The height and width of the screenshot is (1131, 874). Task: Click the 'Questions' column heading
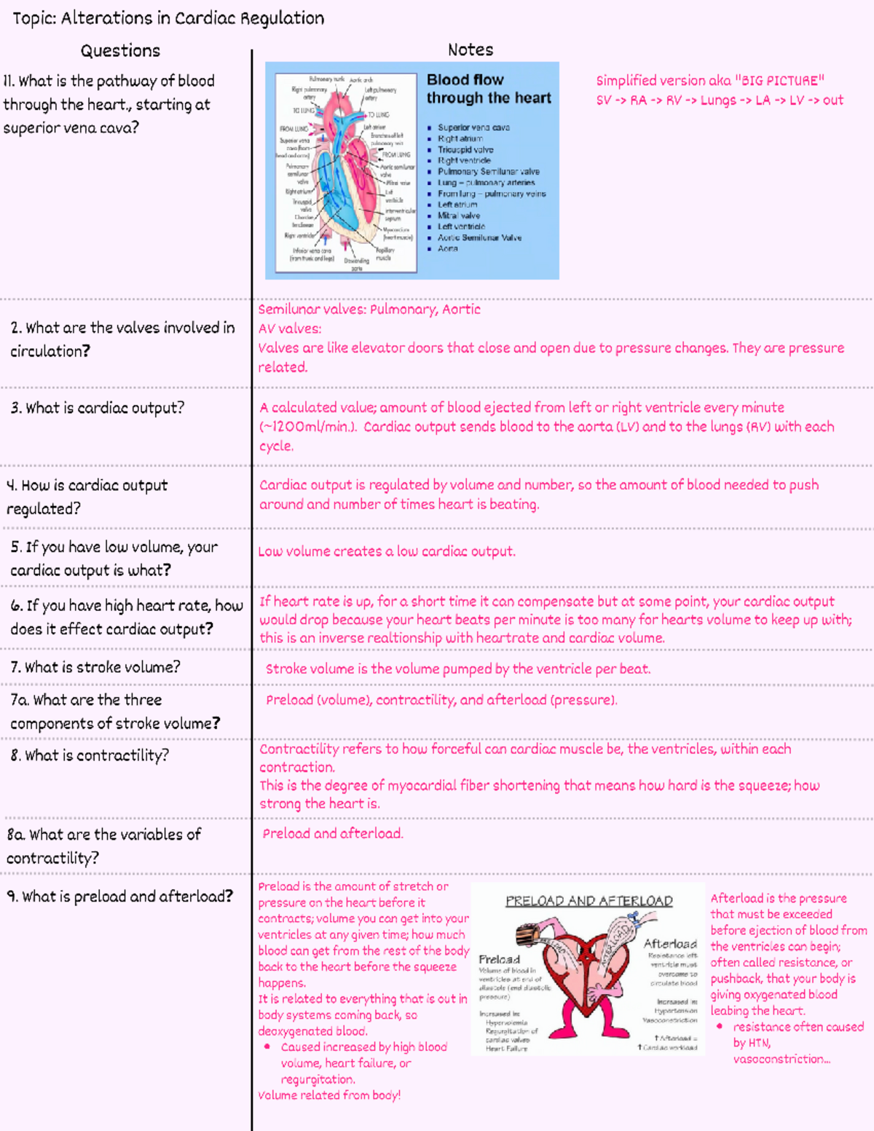[120, 51]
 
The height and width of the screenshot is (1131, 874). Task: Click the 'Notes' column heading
[471, 50]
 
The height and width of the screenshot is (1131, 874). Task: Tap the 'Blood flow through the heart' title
[489, 89]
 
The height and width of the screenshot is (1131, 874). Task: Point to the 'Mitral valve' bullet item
[458, 216]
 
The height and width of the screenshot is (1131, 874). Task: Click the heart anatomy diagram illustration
[342, 171]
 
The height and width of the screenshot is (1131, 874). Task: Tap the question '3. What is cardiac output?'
[98, 408]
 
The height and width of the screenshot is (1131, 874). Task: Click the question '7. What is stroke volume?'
[95, 667]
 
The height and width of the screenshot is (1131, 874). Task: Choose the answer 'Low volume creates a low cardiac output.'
[387, 551]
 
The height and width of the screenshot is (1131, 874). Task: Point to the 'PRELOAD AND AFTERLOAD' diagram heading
[589, 901]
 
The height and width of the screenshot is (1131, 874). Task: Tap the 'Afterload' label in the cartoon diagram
[670, 944]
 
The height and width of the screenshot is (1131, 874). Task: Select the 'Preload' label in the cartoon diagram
[499, 959]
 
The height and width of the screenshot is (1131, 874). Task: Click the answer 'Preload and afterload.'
[333, 834]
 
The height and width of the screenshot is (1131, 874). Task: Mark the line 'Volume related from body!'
[329, 1095]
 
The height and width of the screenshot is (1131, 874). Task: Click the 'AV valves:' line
[290, 328]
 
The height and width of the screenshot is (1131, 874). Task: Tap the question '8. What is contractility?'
[90, 756]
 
